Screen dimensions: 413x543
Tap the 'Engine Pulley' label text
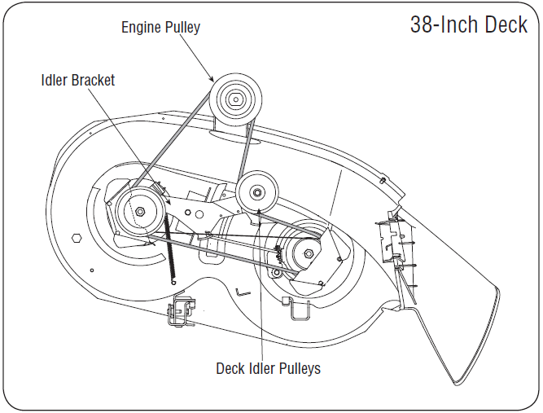click(x=160, y=27)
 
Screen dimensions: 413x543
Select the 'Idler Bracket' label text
click(x=77, y=80)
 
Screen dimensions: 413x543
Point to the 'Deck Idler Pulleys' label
click(x=268, y=368)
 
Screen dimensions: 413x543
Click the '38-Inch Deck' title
click(x=468, y=24)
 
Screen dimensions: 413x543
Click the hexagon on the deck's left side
click(x=77, y=238)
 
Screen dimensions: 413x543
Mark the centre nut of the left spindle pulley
click(x=140, y=213)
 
